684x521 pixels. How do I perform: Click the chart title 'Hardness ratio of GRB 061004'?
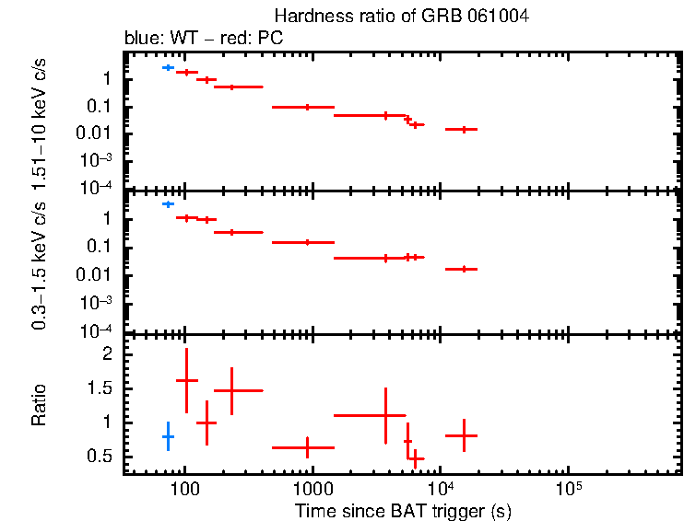[401, 17]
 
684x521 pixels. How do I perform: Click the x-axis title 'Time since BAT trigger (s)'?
[403, 510]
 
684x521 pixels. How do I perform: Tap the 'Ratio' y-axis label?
[40, 405]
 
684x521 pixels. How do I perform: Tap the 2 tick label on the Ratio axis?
[107, 354]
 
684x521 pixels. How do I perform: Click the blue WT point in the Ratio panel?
[168, 436]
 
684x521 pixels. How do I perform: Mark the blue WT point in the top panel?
[168, 67]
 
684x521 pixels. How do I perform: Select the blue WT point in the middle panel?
[168, 203]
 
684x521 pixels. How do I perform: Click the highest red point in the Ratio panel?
[187, 380]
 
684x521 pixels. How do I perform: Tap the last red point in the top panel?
[464, 129]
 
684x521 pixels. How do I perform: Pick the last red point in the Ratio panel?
[464, 435]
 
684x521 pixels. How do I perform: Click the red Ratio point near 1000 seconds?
[307, 447]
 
